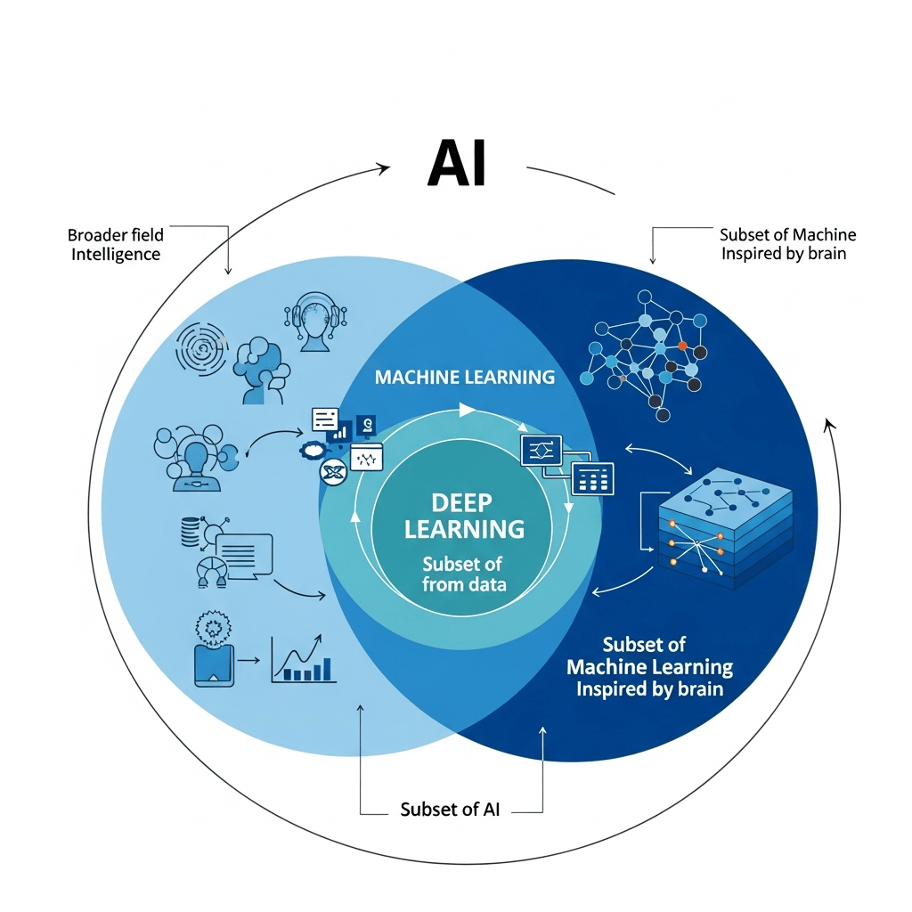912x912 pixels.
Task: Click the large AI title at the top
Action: coord(458,162)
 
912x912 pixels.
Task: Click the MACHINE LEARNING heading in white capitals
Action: coord(465,377)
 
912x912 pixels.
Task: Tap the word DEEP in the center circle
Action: coord(463,501)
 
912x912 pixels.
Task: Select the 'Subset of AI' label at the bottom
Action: coord(450,810)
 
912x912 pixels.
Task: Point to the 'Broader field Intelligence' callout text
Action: coord(116,245)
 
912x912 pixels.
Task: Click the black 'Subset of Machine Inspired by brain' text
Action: coord(787,244)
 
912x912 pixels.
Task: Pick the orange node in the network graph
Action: coord(682,345)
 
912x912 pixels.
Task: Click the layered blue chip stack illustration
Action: coord(725,528)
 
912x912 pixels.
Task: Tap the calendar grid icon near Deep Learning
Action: coord(592,479)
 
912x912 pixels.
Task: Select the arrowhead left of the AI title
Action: coord(384,167)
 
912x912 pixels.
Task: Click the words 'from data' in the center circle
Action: coord(464,584)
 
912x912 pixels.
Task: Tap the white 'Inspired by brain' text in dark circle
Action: coord(649,688)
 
